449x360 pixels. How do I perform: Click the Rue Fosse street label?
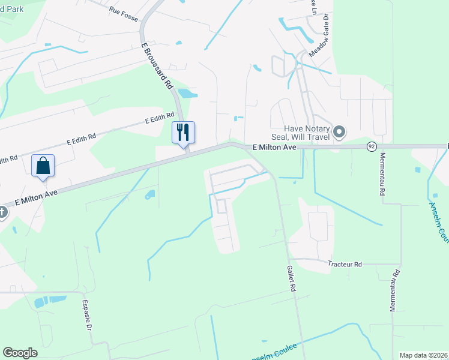[124, 10]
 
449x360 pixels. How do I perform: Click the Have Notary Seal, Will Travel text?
[308, 133]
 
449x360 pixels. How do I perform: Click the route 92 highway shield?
[372, 146]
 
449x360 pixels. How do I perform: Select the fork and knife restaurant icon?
[184, 132]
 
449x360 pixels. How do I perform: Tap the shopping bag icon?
[43, 166]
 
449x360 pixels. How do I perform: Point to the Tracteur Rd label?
[345, 264]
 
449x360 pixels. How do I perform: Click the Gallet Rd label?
[292, 279]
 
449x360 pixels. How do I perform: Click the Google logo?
[20, 353]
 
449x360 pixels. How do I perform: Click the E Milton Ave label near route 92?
[274, 147]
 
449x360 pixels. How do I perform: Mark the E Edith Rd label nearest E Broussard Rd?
[159, 118]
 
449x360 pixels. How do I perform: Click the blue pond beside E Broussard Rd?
[188, 93]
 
